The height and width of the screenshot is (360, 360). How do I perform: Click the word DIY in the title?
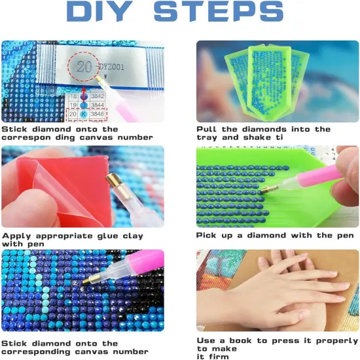point(99,12)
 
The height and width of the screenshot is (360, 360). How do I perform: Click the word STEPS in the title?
point(219,12)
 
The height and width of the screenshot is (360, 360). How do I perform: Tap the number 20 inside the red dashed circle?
point(84,67)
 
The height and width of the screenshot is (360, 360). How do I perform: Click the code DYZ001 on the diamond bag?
point(111,67)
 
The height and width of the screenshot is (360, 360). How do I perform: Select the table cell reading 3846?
point(98,114)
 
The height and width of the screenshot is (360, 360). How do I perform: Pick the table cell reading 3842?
point(98,96)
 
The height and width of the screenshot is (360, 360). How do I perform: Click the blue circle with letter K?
point(84,114)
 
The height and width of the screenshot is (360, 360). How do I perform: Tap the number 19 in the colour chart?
point(73,105)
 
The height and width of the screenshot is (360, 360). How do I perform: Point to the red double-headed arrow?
point(84,96)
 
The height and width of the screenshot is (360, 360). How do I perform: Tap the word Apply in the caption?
point(16,236)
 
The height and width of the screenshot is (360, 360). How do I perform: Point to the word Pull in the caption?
point(206,129)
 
